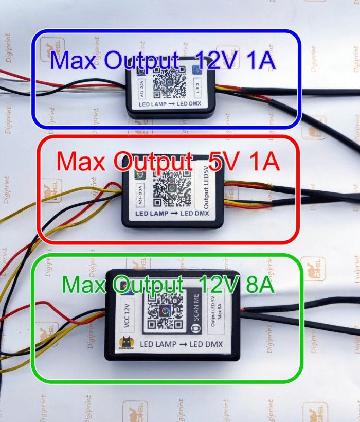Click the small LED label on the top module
pos(197,84)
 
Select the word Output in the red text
pos(150,163)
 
